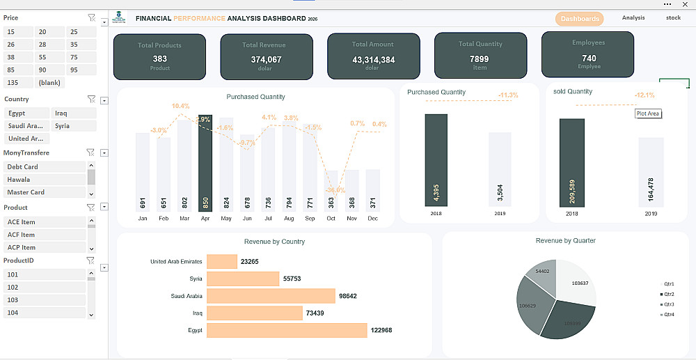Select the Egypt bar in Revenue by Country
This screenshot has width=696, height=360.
287,330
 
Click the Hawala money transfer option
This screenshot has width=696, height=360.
45,180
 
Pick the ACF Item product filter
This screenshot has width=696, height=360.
45,235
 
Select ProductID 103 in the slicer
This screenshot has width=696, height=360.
45,300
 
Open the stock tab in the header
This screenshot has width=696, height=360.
673,18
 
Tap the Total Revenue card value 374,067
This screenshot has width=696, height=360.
266,60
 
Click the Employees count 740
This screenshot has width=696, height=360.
589,58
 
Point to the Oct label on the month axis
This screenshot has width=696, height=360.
331,218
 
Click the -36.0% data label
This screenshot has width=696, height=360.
336,190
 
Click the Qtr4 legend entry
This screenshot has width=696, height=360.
668,315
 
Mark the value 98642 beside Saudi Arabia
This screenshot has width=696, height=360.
347,296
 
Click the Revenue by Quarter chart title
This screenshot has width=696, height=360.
565,241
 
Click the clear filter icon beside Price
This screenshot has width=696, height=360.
91,17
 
